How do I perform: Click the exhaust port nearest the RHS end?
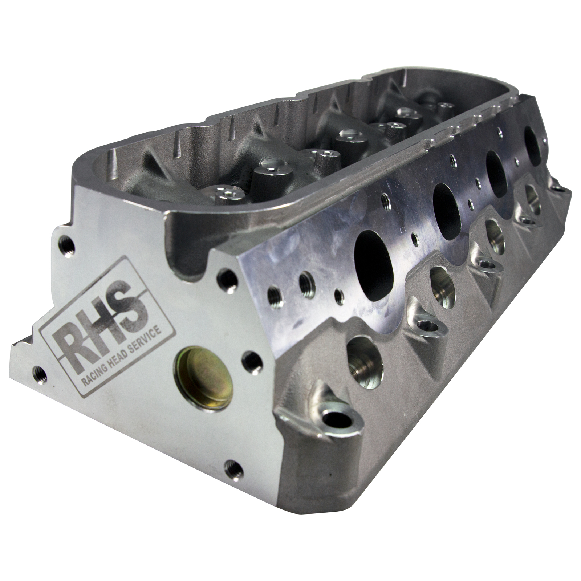[x=374, y=261]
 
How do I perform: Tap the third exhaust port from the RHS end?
[x=497, y=173]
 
